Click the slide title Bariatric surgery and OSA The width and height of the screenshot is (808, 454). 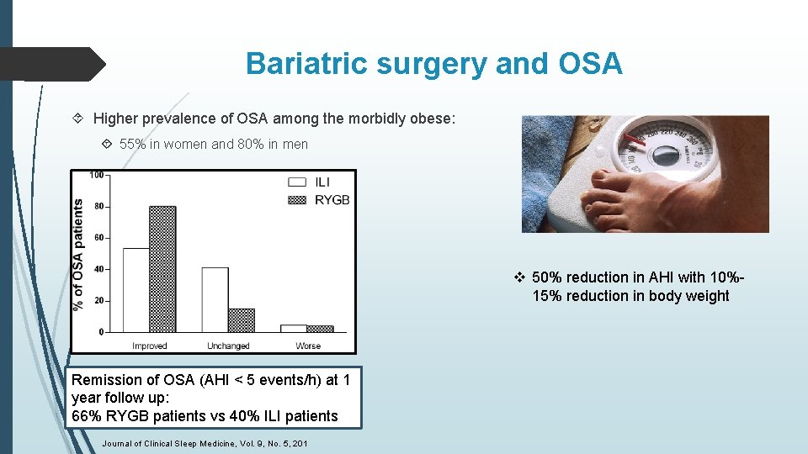click(x=433, y=64)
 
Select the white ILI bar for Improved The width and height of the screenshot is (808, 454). click(x=136, y=290)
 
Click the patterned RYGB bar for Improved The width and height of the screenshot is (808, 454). click(x=162, y=269)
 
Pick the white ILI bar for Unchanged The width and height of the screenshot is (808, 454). click(x=215, y=299)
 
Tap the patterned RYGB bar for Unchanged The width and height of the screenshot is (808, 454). click(x=241, y=320)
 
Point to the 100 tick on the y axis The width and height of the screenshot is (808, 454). click(x=98, y=175)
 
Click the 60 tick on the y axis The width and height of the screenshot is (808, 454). click(x=99, y=238)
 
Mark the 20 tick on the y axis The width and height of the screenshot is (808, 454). click(x=99, y=300)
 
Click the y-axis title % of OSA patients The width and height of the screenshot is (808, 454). click(x=78, y=253)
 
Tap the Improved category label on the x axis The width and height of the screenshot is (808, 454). click(x=149, y=346)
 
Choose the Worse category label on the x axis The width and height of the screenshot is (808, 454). click(x=308, y=346)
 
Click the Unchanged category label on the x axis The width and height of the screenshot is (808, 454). click(x=228, y=346)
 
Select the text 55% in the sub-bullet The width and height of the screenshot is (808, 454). click(x=132, y=145)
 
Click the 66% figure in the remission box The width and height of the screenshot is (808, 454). click(x=85, y=415)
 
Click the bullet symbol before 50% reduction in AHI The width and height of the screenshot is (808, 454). click(x=520, y=277)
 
